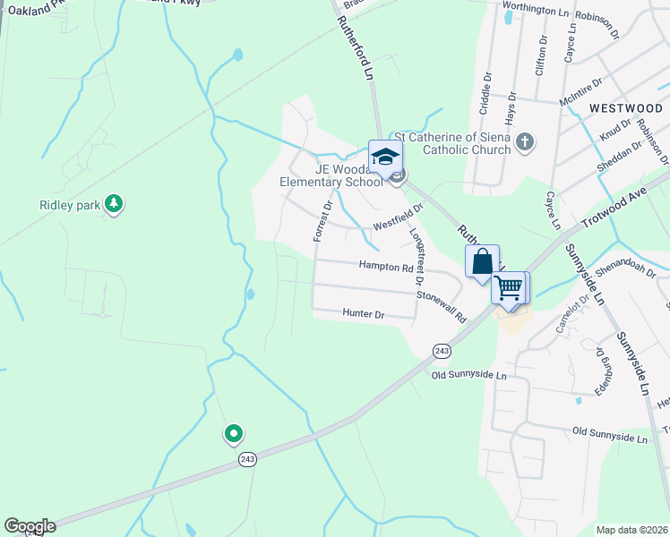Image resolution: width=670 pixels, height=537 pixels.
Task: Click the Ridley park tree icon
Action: [x=113, y=204]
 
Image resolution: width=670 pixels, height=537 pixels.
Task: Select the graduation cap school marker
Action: [x=385, y=157]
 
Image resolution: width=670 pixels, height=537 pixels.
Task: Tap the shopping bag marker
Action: [x=482, y=262]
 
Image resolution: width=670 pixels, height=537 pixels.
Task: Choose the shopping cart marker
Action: [x=509, y=288]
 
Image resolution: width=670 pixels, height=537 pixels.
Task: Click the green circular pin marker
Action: [x=233, y=434]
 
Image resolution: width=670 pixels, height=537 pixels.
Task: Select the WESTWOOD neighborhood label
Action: [x=625, y=107]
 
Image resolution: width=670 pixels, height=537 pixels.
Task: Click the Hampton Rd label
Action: [x=386, y=266]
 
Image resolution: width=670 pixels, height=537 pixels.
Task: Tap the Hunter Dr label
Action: [x=363, y=314]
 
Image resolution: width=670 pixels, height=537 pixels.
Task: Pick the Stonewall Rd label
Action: [x=442, y=306]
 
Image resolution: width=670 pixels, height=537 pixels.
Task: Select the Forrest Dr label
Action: [x=322, y=220]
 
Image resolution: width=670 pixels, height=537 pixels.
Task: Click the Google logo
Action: [x=30, y=526]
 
